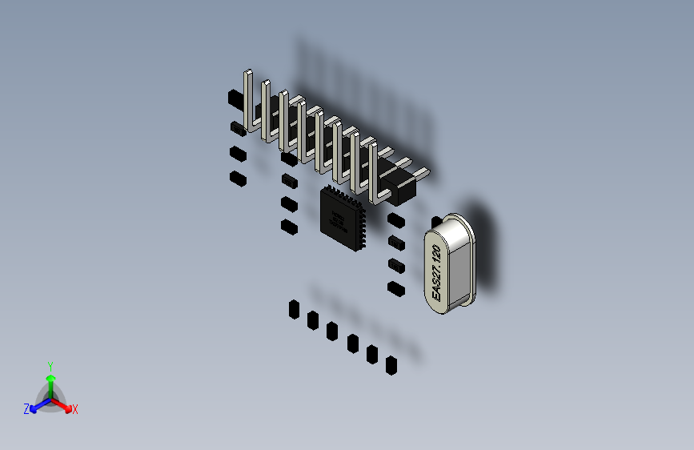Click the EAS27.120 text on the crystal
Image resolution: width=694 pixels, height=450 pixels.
point(436,273)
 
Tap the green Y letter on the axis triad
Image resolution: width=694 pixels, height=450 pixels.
point(50,365)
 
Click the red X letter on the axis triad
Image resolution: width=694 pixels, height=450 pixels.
point(75,409)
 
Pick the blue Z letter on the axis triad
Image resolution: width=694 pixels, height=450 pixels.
point(26,409)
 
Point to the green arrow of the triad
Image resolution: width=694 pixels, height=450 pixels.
point(50,381)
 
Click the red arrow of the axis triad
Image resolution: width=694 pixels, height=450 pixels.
point(64,405)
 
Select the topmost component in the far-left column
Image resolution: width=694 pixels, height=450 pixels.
point(235,98)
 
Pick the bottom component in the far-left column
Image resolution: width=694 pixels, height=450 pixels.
point(236,178)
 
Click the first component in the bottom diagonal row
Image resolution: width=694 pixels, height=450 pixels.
point(294,308)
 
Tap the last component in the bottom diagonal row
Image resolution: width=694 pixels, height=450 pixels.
point(391,366)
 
